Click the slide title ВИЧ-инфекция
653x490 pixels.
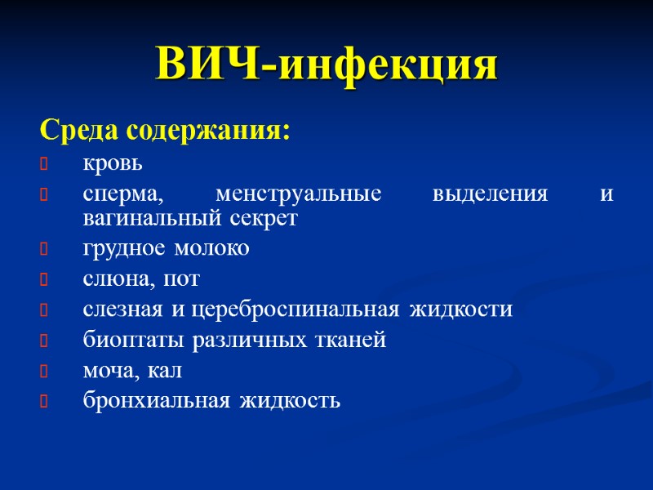click(x=326, y=66)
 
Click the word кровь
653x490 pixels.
click(x=113, y=163)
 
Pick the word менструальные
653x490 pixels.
click(x=298, y=196)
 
